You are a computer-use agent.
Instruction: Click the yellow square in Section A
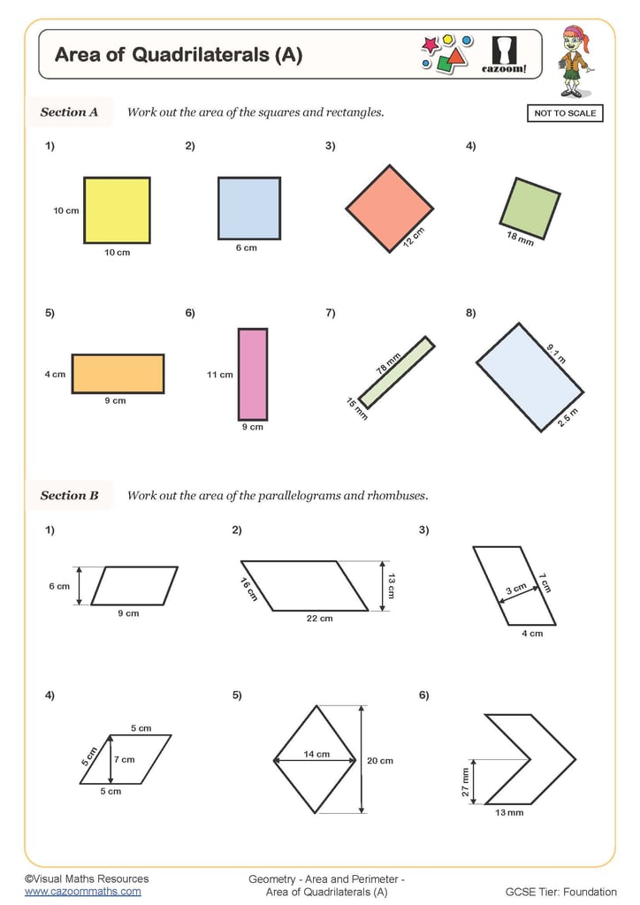pos(117,210)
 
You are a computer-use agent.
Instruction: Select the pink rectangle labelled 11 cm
pos(252,374)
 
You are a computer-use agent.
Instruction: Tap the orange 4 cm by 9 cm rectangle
pos(118,373)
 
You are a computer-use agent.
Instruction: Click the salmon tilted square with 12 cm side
pos(389,209)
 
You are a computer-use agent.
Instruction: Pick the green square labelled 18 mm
pos(529,209)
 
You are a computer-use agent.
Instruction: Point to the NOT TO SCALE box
pos(565,113)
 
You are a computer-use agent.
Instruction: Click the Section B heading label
pos(69,495)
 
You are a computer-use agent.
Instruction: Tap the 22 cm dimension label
pos(319,619)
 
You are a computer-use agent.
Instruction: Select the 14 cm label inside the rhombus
pos(316,754)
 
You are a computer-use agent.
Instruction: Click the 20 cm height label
pos(380,760)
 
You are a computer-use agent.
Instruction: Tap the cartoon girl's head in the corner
pos(575,41)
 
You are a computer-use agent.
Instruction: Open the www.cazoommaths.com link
pos(82,892)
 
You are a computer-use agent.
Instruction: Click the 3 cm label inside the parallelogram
pos(515,589)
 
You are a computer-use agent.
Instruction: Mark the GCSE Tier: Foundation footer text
pos(560,892)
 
